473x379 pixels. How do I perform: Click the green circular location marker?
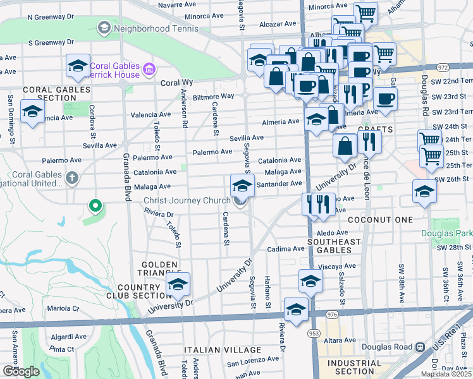click(95, 205)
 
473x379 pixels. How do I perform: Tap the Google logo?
click(21, 371)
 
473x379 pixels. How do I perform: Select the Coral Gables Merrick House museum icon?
click(149, 69)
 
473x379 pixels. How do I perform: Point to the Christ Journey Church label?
click(187, 201)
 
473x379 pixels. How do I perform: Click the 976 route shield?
click(331, 314)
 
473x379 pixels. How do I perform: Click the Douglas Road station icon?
click(419, 347)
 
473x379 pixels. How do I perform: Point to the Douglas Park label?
click(447, 233)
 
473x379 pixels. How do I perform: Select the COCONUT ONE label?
click(385, 220)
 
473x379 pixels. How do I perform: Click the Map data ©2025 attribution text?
click(446, 374)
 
